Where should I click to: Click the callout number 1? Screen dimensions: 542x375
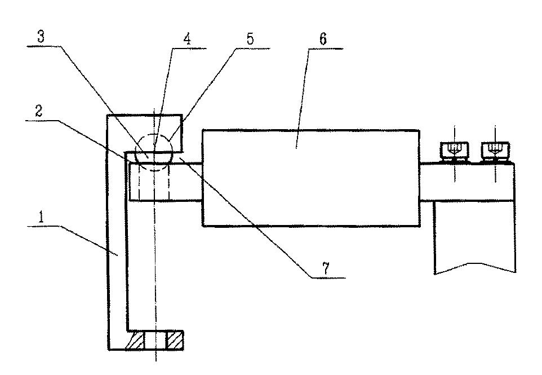[x=41, y=217]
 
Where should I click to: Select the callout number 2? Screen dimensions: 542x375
[x=38, y=111]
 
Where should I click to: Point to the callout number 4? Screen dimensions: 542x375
[x=187, y=39]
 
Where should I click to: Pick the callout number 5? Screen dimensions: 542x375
[x=250, y=39]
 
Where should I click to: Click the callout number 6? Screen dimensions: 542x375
[x=322, y=39]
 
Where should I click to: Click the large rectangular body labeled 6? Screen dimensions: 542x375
[x=311, y=178]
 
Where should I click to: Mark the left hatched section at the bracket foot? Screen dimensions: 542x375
[x=134, y=340]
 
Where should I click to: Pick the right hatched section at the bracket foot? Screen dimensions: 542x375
[x=175, y=340]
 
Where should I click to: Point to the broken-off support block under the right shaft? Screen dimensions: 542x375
[x=475, y=237]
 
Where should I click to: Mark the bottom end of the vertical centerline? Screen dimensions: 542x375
[x=156, y=361]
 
